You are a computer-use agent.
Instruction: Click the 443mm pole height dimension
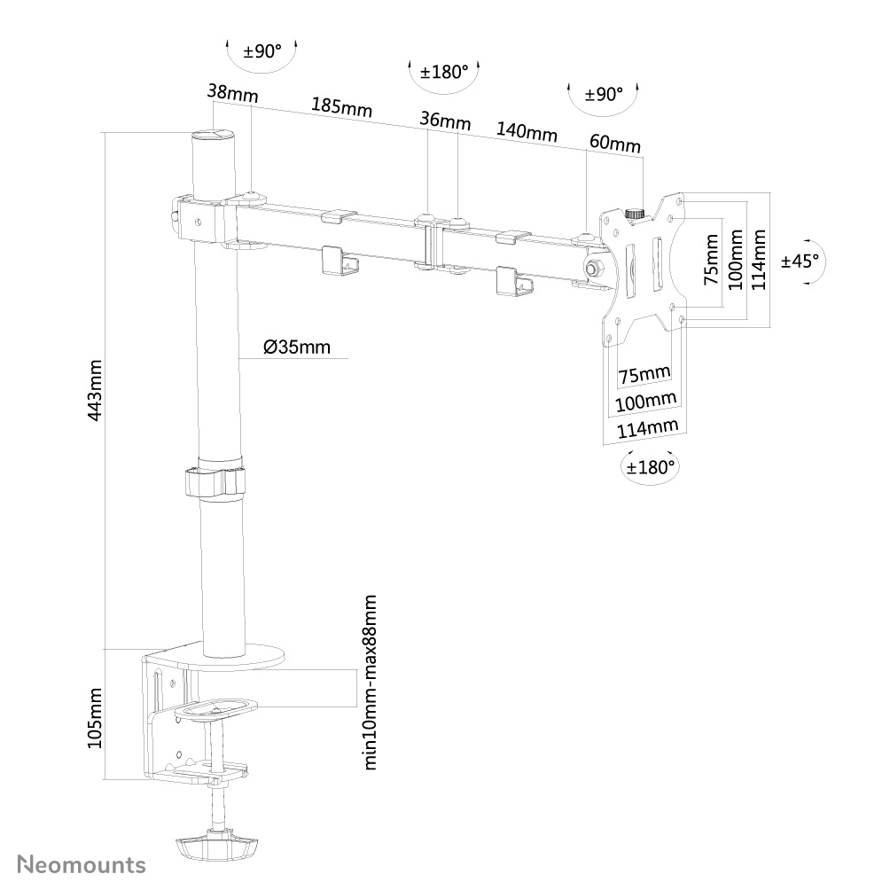click(96, 390)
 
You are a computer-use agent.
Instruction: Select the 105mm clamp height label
click(96, 718)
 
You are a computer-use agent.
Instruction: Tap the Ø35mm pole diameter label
click(296, 347)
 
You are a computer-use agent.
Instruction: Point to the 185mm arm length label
click(340, 106)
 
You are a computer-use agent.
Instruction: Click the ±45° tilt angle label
click(800, 261)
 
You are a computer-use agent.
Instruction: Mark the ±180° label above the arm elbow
click(443, 72)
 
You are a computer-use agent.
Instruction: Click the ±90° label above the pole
click(262, 51)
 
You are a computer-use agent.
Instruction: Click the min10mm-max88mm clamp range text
click(371, 683)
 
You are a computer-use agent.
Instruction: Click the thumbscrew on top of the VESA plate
click(635, 214)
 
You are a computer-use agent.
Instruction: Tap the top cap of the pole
click(213, 136)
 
